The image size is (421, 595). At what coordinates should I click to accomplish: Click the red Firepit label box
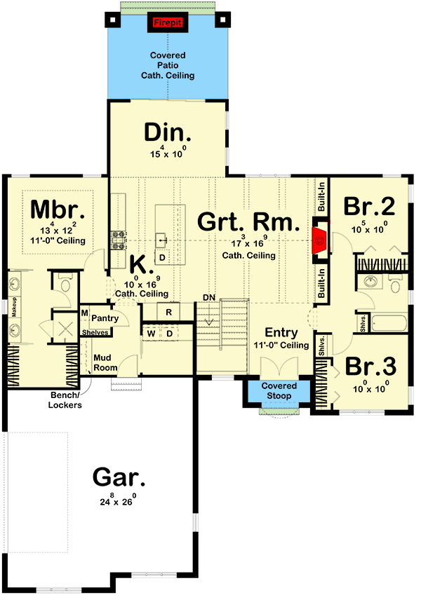[x=166, y=22]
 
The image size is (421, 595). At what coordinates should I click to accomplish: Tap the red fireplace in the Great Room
[x=320, y=239]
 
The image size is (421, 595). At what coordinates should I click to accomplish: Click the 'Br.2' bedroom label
[x=369, y=207]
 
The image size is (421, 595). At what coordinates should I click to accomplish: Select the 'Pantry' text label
[x=104, y=318]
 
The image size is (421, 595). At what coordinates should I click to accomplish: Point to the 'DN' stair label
[x=208, y=297]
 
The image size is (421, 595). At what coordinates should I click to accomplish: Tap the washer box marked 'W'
[x=151, y=333]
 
